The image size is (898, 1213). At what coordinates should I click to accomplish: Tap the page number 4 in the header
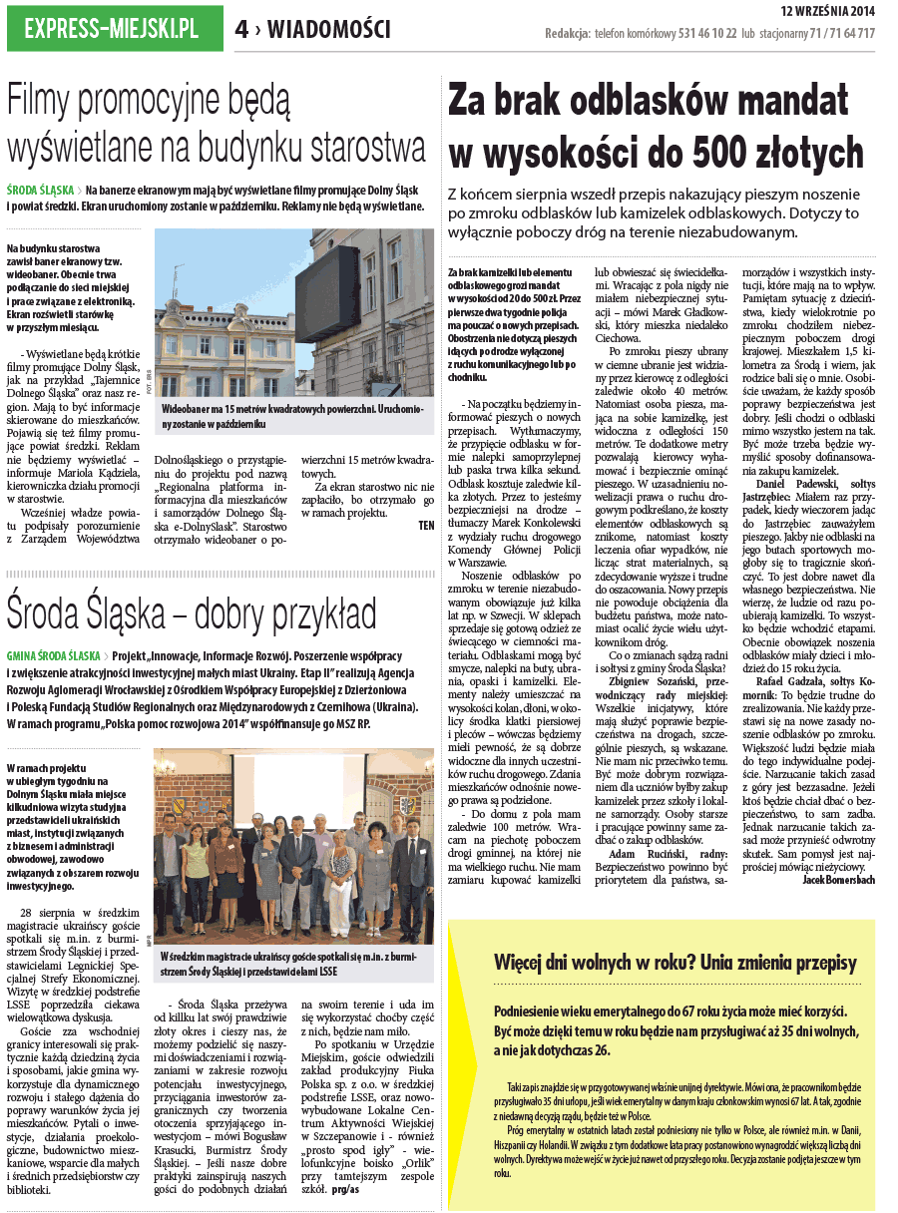pyautogui.click(x=242, y=30)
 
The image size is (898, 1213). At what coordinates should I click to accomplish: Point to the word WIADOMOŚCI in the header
pyautogui.click(x=329, y=30)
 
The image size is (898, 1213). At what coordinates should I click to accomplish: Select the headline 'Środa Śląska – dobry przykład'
pyautogui.click(x=192, y=610)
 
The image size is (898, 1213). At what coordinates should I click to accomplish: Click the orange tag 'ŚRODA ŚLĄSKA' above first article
pyautogui.click(x=41, y=189)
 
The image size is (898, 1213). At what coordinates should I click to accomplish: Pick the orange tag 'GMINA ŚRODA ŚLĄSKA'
pyautogui.click(x=54, y=656)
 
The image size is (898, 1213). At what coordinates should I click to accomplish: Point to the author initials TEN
pyautogui.click(x=426, y=524)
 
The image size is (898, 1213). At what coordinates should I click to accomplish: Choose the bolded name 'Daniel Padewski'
pyautogui.click(x=786, y=482)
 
